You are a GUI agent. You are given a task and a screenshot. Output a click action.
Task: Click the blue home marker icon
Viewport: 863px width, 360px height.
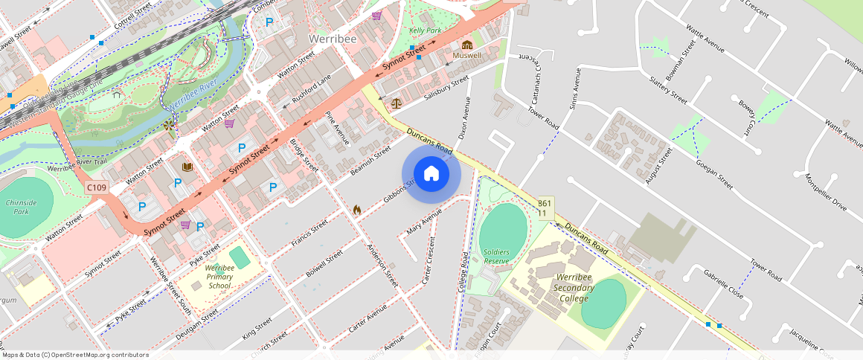pyautogui.click(x=431, y=174)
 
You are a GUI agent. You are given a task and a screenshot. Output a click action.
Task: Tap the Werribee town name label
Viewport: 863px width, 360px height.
pyautogui.click(x=332, y=38)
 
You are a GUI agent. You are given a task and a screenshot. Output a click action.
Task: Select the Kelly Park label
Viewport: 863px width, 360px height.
pyautogui.click(x=425, y=30)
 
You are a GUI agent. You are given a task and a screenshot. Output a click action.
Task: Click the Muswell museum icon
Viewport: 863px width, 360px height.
pyautogui.click(x=467, y=45)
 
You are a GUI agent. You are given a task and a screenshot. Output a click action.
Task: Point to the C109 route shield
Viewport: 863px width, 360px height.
pyautogui.click(x=96, y=187)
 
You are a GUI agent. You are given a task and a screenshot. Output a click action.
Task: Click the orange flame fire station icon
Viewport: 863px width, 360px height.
pyautogui.click(x=357, y=210)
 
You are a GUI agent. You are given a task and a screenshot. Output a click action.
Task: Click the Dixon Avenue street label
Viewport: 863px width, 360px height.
pyautogui.click(x=465, y=120)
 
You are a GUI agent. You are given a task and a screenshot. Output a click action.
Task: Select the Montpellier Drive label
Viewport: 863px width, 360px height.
pyautogui.click(x=825, y=192)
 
